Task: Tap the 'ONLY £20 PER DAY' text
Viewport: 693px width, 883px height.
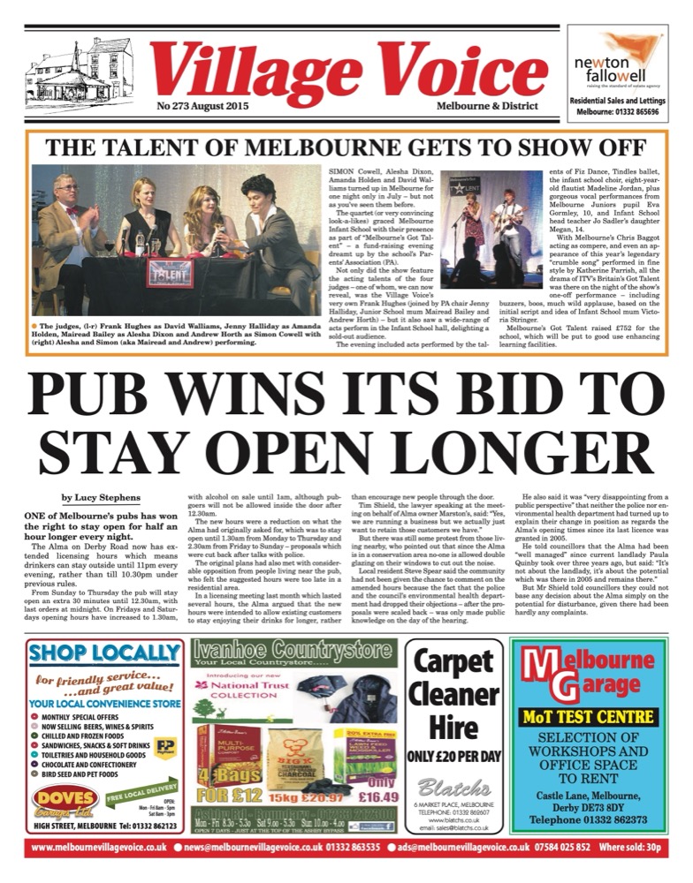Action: tap(454, 756)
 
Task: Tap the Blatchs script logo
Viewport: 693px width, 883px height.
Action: tap(453, 788)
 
